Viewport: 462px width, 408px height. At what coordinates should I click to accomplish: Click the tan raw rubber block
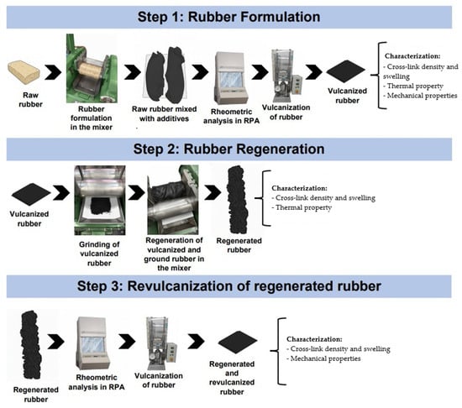24,72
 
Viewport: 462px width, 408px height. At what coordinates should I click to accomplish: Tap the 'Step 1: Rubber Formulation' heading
229,17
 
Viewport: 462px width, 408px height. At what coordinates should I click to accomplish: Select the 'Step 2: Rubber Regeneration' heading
229,149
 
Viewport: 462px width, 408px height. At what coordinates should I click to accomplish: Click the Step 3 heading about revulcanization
229,286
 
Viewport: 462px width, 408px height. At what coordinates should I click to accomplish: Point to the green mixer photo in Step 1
92,68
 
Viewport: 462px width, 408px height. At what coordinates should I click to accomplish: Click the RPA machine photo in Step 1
231,78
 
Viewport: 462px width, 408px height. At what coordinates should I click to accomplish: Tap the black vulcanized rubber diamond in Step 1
346,71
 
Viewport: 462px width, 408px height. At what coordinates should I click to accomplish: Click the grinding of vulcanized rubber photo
100,200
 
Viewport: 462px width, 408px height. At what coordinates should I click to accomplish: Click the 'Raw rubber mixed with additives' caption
164,114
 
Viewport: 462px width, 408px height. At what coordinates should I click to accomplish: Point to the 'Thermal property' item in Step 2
303,207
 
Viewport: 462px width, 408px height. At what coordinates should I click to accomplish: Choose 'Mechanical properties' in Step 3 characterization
323,358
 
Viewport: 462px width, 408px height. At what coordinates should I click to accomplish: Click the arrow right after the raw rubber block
53,72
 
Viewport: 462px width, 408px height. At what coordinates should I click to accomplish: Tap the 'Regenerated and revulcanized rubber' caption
232,378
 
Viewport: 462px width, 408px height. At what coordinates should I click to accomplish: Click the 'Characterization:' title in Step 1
412,56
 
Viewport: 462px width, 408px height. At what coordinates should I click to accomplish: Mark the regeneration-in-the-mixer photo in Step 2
173,200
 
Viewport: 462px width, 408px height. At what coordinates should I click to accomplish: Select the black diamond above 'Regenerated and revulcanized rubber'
238,342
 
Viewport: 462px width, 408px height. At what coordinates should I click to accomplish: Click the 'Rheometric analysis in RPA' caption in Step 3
97,382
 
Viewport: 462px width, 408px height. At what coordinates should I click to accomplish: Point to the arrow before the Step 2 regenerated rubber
213,192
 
